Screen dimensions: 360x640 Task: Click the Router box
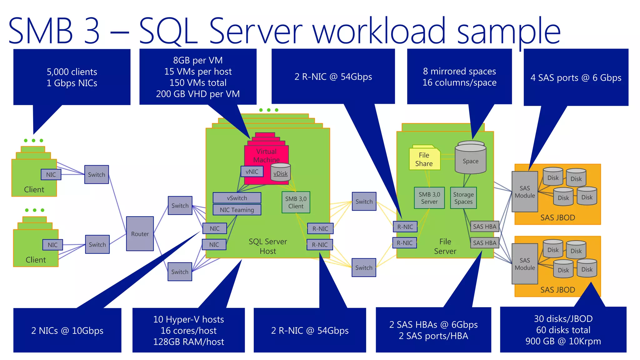tap(140, 233)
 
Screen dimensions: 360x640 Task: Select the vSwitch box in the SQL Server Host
tap(237, 198)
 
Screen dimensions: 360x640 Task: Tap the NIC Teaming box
tap(237, 210)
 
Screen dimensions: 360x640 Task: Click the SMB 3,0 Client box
tap(296, 202)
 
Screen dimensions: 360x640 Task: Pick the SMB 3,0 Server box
tap(429, 198)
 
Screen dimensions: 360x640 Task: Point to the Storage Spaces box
tap(463, 198)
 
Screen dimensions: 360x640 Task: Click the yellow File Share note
tap(424, 159)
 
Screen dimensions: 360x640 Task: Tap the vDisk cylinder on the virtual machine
tap(281, 173)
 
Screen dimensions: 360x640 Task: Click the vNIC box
tap(252, 171)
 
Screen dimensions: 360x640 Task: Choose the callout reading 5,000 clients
tap(72, 77)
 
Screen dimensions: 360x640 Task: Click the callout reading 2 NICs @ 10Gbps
tap(67, 330)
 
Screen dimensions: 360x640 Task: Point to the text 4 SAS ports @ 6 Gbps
tap(576, 77)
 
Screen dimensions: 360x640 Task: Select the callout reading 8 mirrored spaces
tap(459, 77)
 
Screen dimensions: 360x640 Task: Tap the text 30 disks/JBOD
tap(563, 318)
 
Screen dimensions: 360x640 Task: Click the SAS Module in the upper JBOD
tap(525, 192)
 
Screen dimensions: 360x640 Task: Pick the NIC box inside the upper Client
tap(51, 174)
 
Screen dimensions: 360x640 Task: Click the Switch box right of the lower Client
tap(97, 244)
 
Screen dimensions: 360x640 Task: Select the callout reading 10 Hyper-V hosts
tap(188, 330)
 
